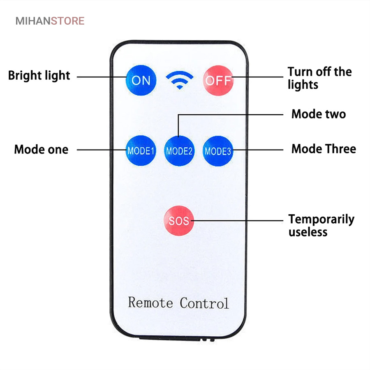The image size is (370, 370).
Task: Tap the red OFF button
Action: click(x=218, y=80)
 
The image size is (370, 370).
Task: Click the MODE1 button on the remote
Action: click(x=141, y=150)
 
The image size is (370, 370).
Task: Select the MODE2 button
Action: click(x=179, y=150)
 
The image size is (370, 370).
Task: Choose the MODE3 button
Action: click(x=218, y=150)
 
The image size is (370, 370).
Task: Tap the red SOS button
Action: click(x=179, y=220)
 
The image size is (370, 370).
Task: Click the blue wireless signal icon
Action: click(x=179, y=80)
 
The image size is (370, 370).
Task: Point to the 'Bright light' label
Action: click(x=39, y=76)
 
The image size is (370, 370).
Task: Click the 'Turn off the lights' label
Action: click(x=319, y=78)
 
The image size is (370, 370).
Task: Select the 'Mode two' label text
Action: click(x=318, y=114)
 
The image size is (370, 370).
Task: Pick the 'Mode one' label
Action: click(x=41, y=149)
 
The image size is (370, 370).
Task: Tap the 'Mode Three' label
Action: click(x=323, y=149)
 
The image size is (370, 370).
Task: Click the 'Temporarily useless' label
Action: click(x=321, y=225)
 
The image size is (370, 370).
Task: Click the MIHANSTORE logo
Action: click(x=50, y=21)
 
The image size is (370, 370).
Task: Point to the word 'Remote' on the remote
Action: click(x=150, y=303)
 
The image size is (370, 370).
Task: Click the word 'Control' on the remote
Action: click(x=204, y=303)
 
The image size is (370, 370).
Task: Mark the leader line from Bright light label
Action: click(x=101, y=76)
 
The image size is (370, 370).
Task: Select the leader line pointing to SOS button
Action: click(x=238, y=220)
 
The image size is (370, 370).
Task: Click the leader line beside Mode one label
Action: click(x=101, y=150)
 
